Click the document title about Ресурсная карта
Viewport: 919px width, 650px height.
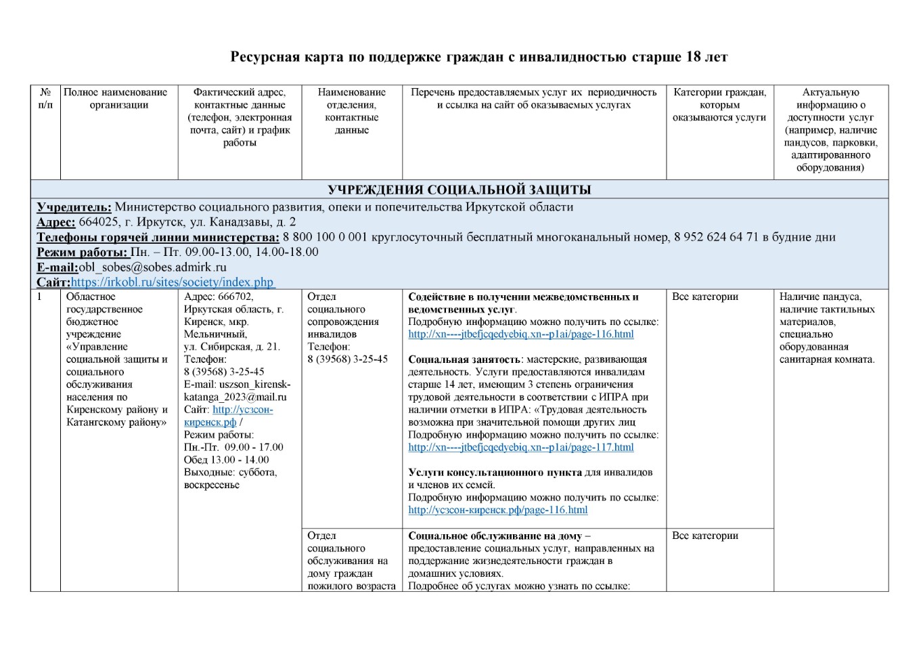pos(478,57)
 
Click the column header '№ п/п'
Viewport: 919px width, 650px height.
pos(45,98)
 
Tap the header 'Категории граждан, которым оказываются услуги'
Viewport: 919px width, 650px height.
pos(719,105)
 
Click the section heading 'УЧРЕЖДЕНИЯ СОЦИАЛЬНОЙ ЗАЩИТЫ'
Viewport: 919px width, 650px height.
pos(459,190)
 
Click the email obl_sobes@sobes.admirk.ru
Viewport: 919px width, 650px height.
pos(152,267)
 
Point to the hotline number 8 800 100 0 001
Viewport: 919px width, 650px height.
pos(325,237)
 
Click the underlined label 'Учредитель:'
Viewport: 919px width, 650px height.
pos(74,207)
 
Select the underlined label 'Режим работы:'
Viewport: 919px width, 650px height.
pos(82,252)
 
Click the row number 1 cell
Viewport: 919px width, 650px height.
pos(40,297)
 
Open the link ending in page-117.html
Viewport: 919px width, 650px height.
pos(521,447)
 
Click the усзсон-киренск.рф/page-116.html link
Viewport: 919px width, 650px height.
pos(497,510)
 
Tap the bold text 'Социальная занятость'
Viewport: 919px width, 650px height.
pos(464,360)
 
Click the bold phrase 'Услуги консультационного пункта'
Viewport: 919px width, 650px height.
pos(495,473)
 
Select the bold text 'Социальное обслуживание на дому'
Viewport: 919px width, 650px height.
pos(495,536)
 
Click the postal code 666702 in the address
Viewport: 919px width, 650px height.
pos(236,297)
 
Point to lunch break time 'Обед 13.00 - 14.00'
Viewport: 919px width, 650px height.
pos(226,460)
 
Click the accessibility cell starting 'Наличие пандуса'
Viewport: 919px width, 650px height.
pos(827,328)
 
